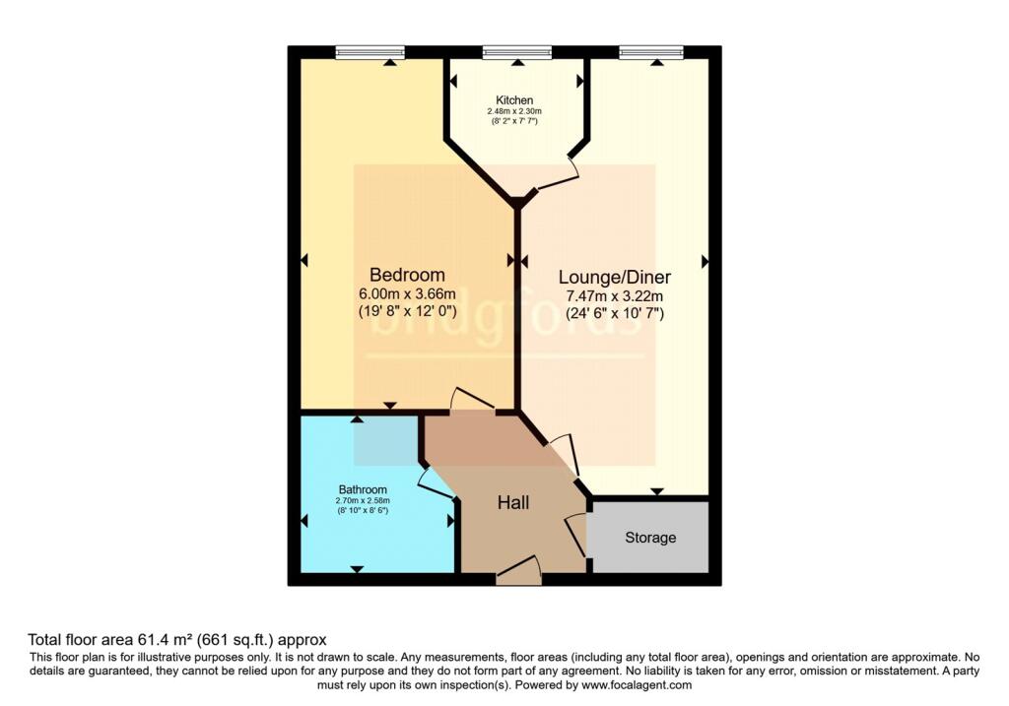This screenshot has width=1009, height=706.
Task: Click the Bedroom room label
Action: [x=407, y=275]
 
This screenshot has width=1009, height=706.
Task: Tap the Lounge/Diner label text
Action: [x=614, y=277]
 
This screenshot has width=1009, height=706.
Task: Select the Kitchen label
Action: [x=514, y=100]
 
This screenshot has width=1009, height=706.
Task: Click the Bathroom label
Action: [x=363, y=489]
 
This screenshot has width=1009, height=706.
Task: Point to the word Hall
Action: [x=512, y=503]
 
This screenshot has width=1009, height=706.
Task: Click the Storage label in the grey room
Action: [x=650, y=538]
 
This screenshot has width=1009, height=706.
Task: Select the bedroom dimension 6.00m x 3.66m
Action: [x=407, y=293]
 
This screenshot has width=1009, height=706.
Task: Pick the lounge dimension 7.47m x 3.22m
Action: [x=614, y=296]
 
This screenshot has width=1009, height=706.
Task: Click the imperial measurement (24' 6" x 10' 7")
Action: [x=614, y=314]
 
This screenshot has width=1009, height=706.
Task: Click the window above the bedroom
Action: [x=370, y=52]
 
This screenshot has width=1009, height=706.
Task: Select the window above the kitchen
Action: [x=516, y=52]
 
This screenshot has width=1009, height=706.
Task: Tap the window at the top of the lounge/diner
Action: [x=651, y=52]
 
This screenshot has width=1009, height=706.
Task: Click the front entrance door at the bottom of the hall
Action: [x=519, y=570]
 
